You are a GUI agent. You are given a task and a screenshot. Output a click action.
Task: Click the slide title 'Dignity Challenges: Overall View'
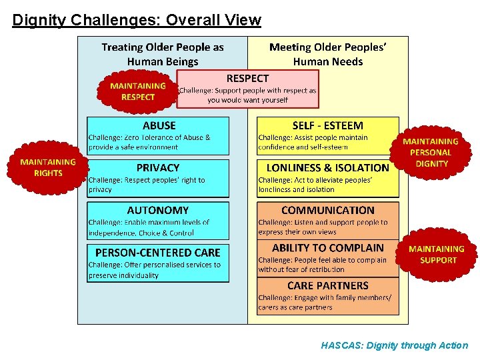pos(137,20)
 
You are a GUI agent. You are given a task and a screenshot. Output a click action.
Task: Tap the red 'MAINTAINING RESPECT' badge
pos(138,91)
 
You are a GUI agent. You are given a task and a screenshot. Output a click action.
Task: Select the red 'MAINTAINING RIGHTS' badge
pos(48,167)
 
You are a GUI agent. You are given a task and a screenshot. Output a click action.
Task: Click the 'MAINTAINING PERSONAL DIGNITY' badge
pos(431,153)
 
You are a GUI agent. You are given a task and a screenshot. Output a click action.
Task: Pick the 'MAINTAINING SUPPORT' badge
pos(437,255)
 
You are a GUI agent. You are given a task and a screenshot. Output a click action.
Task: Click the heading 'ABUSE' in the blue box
pos(159,125)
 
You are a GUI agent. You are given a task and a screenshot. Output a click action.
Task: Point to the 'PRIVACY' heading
pos(158,168)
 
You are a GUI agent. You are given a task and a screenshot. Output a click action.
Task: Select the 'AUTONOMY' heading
pos(158,210)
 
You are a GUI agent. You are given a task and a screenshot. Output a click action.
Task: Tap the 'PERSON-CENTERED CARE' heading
pos(158,253)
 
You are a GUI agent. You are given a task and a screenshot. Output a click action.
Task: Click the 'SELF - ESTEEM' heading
pos(328,125)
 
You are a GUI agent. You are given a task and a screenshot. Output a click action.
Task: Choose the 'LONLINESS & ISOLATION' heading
pos(327,168)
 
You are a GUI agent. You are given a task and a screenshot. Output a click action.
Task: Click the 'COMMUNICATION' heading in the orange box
pos(328,210)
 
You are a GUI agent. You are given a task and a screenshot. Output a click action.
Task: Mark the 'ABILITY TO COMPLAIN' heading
pos(328,248)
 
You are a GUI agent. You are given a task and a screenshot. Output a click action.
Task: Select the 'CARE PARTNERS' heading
pos(328,285)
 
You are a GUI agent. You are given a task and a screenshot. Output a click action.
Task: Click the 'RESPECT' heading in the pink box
pos(248,79)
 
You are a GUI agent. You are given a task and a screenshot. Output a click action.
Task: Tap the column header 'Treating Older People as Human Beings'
pos(163,54)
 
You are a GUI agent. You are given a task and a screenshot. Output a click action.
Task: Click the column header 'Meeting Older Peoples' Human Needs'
pos(328,54)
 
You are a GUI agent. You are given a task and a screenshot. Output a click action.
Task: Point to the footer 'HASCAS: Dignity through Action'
pos(395,345)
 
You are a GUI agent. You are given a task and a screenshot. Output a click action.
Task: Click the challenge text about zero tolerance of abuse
pos(150,142)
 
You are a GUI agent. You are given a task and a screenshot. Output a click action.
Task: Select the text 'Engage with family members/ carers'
pos(325,303)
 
